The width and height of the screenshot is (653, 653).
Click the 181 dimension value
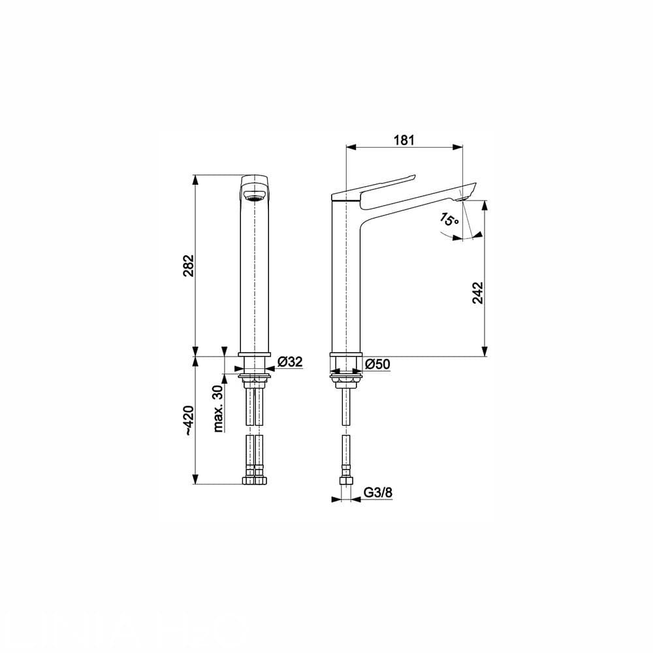click(404, 139)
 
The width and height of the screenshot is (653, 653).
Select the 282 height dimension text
click(187, 265)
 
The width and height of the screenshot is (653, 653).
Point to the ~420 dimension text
click(187, 421)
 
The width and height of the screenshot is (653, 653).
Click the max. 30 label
click(218, 409)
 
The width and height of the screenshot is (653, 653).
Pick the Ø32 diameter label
click(289, 362)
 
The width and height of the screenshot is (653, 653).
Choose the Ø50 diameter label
click(377, 364)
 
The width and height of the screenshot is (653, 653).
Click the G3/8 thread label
click(378, 492)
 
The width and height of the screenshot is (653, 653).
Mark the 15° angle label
click(449, 220)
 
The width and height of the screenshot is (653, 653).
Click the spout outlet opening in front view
click(254, 194)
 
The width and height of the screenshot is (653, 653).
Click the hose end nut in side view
click(345, 481)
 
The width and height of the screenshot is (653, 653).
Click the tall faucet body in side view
click(345, 281)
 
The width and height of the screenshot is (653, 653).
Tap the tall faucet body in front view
click(254, 281)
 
